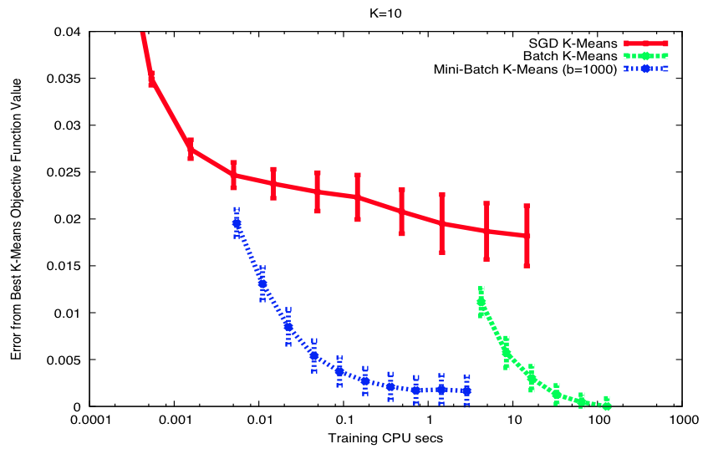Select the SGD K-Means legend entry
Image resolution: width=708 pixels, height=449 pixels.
click(x=573, y=43)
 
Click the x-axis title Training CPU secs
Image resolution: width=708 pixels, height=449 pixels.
click(x=384, y=436)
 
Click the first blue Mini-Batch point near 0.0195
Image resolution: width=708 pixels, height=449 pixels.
click(x=237, y=223)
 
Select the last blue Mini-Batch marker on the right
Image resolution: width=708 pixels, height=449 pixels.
click(x=466, y=390)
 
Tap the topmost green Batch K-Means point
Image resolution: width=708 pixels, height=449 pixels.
click(x=481, y=302)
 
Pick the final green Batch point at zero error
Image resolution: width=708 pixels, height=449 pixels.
click(x=607, y=406)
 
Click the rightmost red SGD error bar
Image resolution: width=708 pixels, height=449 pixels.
click(x=527, y=236)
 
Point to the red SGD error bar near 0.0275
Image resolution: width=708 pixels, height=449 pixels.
click(x=191, y=149)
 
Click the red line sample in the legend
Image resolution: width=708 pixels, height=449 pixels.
click(x=644, y=43)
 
